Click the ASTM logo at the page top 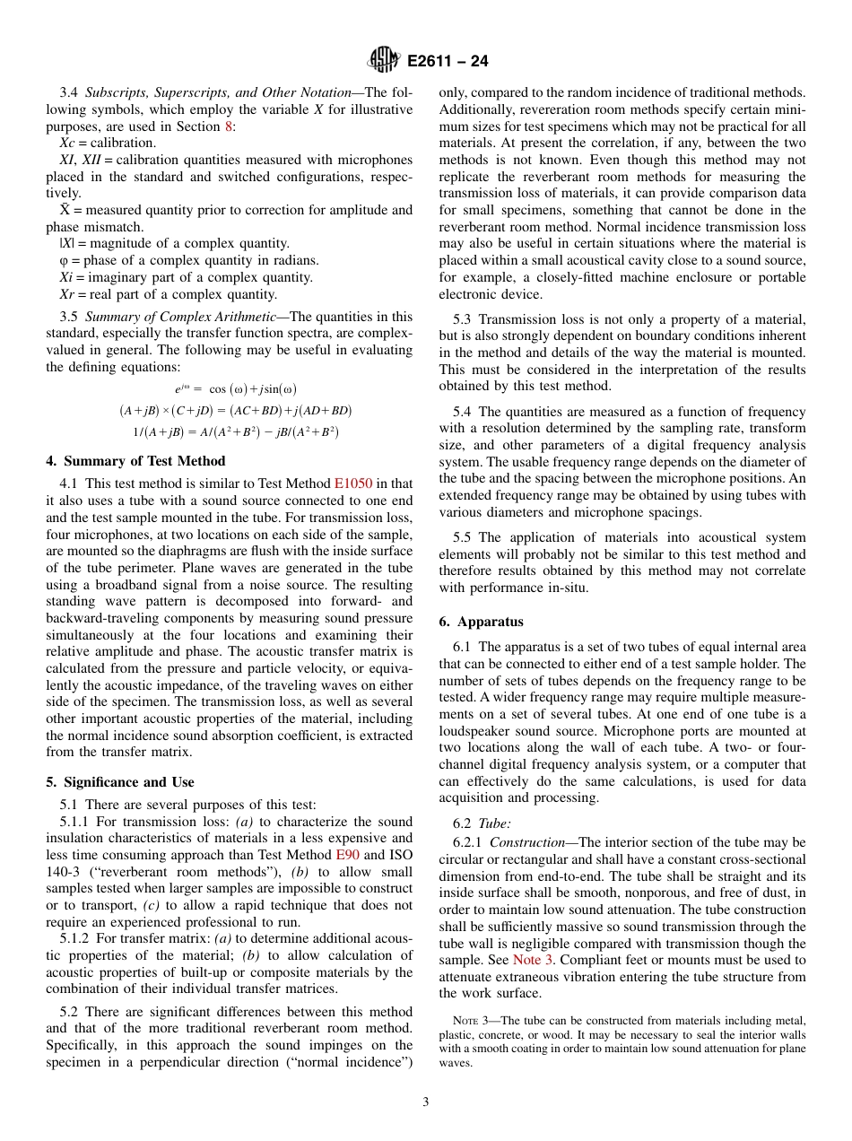pos(383,61)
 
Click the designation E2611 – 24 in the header pos(448,62)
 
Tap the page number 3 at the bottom pos(426,1102)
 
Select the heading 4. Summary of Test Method pos(135,461)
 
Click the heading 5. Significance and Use pos(120,781)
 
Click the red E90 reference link pos(348,855)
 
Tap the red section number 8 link pos(230,126)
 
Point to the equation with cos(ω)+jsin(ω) pos(235,388)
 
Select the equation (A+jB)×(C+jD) pos(235,410)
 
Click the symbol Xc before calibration pos(67,143)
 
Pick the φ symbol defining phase pos(64,260)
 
